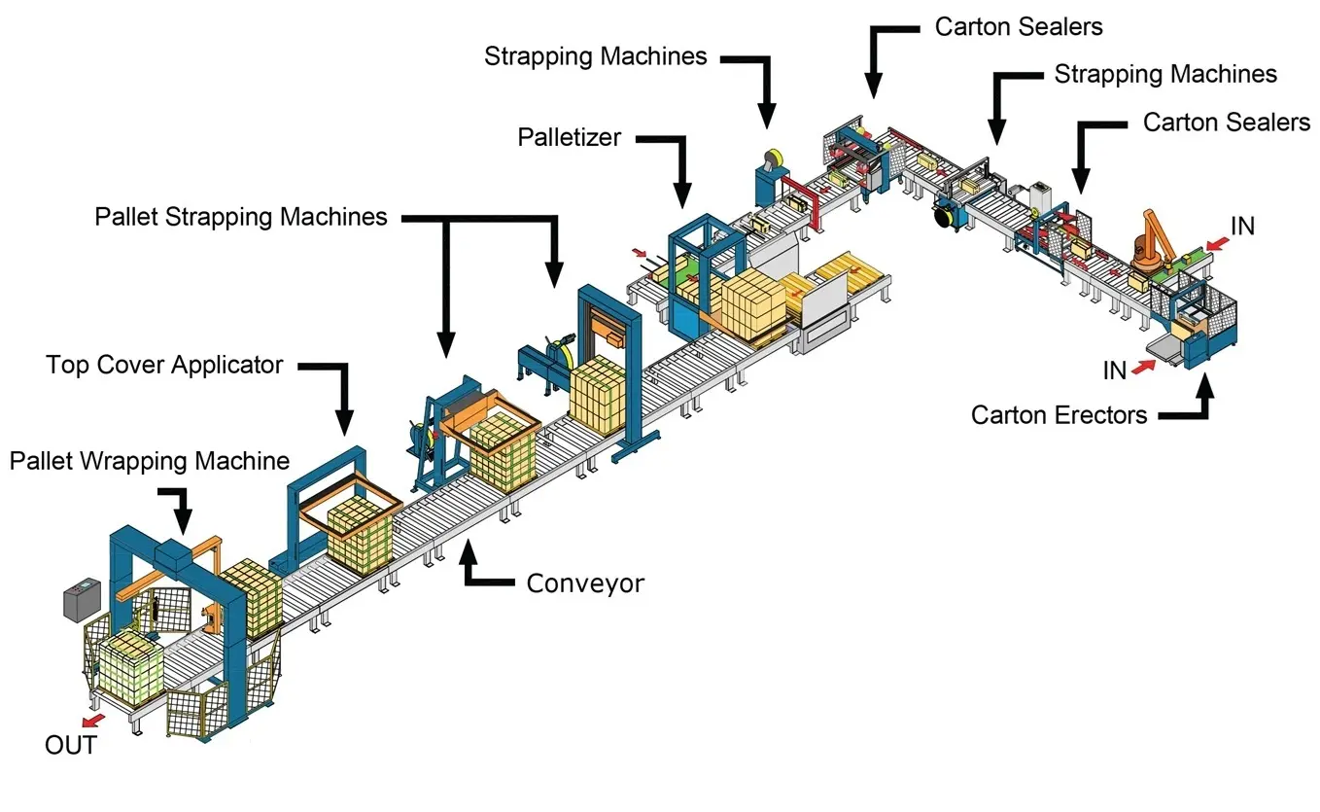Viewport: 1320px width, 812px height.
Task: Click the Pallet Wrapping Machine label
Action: (x=150, y=460)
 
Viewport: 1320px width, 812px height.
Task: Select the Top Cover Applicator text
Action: (x=164, y=366)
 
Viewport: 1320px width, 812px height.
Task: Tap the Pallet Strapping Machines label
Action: (x=240, y=216)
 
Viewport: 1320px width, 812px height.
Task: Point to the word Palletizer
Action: (x=569, y=137)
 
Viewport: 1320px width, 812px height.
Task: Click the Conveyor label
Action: (x=585, y=583)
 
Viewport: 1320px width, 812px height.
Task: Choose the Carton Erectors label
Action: (x=1059, y=415)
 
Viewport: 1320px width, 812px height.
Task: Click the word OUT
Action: (x=71, y=746)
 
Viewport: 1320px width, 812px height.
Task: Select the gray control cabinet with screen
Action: (x=82, y=600)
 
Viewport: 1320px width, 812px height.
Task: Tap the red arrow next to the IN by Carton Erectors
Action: (x=1143, y=366)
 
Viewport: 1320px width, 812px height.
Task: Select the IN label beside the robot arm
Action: (x=1241, y=226)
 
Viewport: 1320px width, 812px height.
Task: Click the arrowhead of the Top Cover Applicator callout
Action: (x=344, y=423)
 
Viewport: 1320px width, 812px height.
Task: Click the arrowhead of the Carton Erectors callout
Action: (x=1205, y=379)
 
